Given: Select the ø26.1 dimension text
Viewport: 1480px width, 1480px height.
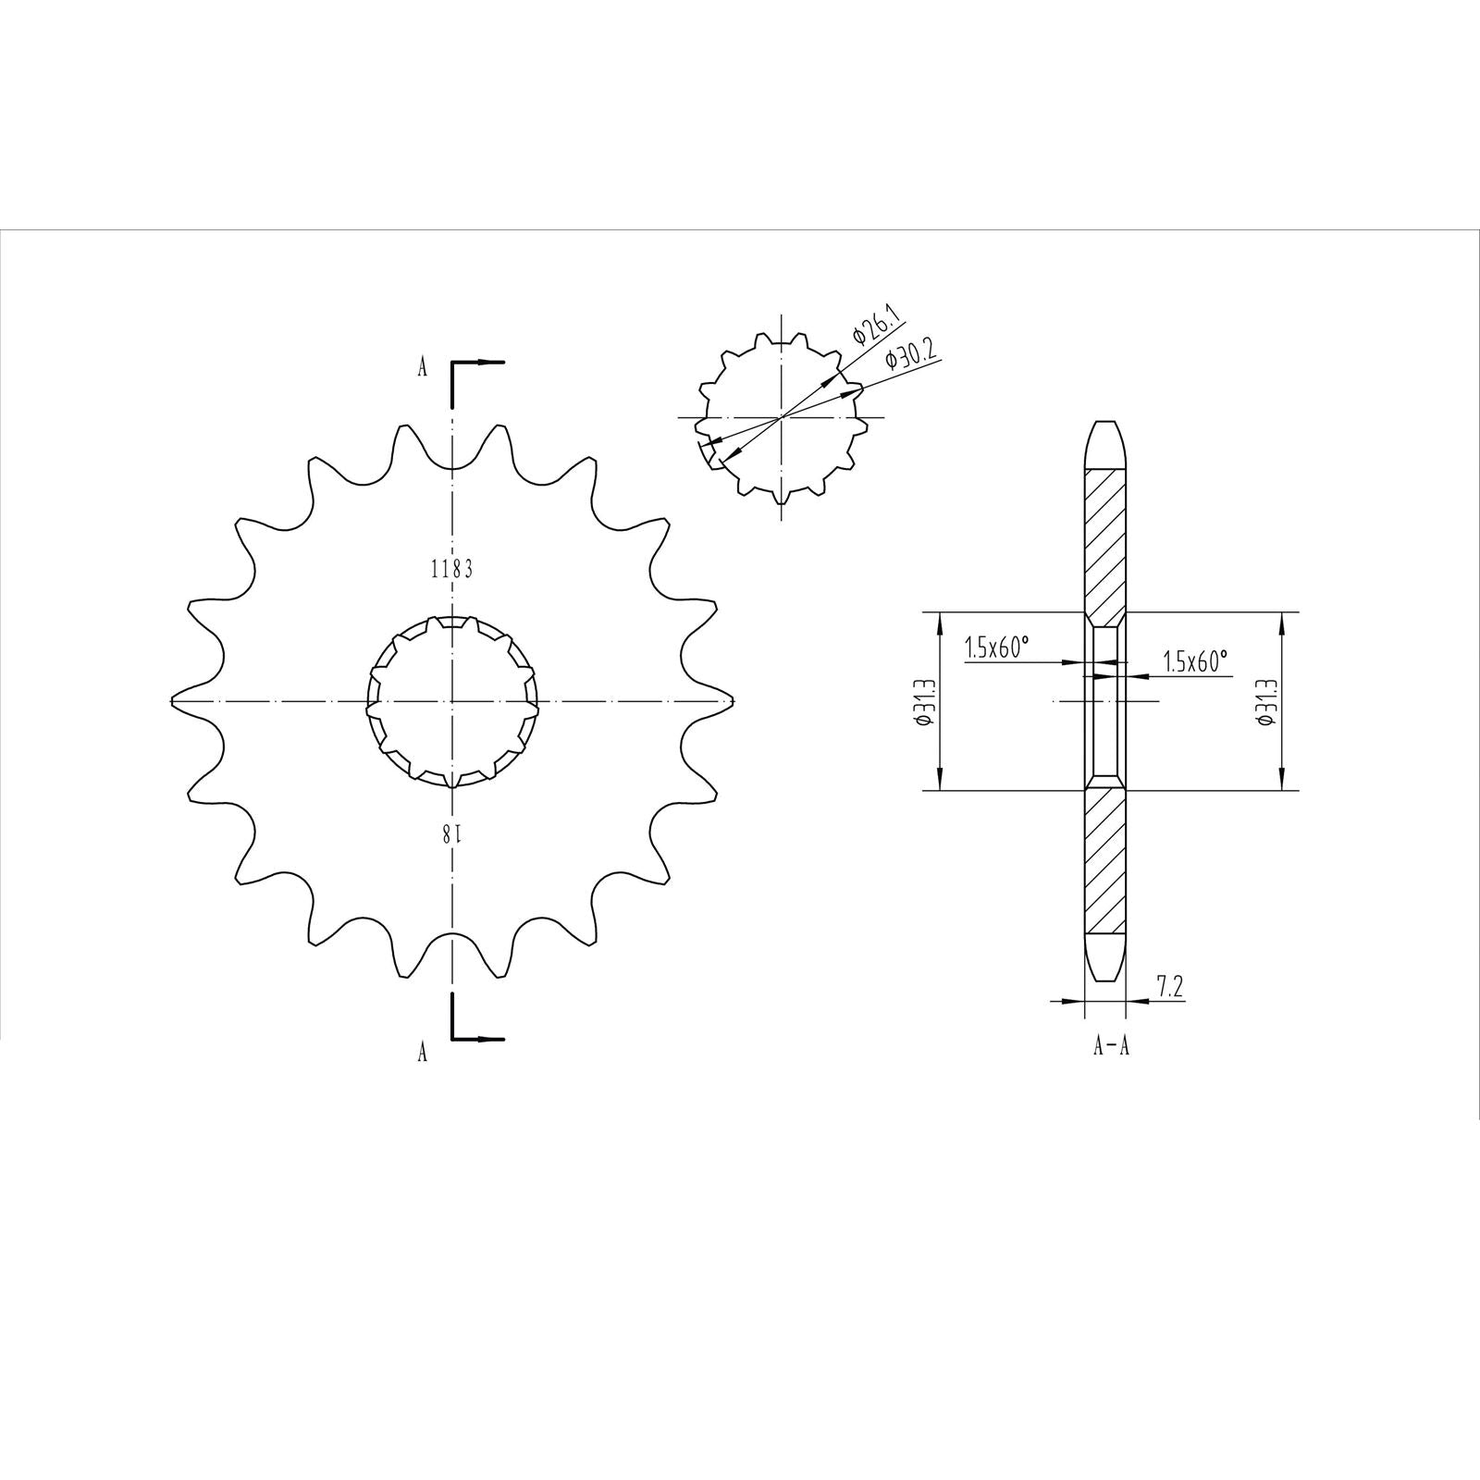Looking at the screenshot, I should click(x=876, y=330).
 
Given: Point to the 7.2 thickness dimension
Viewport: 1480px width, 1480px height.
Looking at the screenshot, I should click(x=1170, y=987).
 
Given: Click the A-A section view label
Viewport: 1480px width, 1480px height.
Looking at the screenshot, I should click(x=1111, y=1046).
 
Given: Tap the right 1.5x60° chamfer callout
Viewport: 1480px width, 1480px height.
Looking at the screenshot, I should click(x=1195, y=660).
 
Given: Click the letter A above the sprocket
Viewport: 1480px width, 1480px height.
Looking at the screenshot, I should click(x=422, y=368).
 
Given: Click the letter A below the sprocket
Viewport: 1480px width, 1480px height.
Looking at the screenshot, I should click(x=422, y=1052).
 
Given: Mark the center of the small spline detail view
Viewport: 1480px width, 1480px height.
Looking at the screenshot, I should click(x=783, y=418).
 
